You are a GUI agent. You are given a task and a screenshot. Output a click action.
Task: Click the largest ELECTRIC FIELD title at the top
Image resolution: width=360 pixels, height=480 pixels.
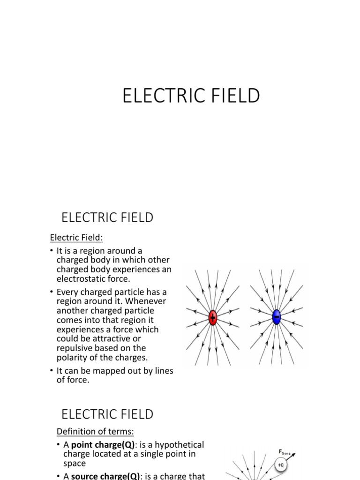(191, 96)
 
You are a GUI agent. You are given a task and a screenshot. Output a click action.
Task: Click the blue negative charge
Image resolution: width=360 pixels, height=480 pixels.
(276, 317)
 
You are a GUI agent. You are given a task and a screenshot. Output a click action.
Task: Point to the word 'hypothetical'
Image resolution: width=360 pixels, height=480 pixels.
(180, 444)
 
